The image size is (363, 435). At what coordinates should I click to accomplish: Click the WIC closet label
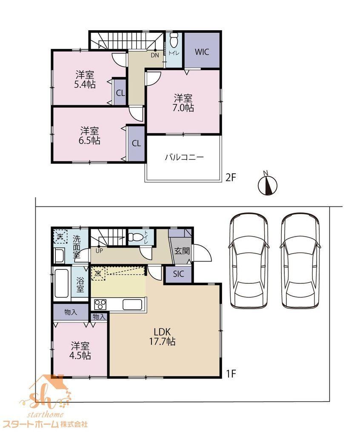pos(202,52)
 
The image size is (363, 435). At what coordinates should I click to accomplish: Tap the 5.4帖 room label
pos(85,79)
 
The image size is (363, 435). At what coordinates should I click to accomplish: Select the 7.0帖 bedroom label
pos(183,103)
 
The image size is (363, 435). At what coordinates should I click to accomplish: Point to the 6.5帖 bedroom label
pos(89,136)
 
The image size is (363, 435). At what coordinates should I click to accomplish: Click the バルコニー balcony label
pos(185,158)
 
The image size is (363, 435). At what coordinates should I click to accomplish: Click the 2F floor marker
pos(230,178)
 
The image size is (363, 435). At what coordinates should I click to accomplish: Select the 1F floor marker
pos(230,374)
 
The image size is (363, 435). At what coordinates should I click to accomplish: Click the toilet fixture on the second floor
pos(174,40)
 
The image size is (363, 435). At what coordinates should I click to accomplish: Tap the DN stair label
pos(155,55)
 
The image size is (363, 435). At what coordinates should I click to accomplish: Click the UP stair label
pos(99,251)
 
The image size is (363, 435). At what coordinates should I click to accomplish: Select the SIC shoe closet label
pos(178,274)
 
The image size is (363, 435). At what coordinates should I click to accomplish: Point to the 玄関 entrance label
pos(182,251)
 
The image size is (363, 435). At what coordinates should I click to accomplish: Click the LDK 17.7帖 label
pos(162,336)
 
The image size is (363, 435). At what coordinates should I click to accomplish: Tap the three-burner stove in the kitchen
pos(100,304)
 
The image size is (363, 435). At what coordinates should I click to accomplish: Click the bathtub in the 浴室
pos(61,283)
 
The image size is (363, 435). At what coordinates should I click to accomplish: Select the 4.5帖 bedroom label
pos(80,351)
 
